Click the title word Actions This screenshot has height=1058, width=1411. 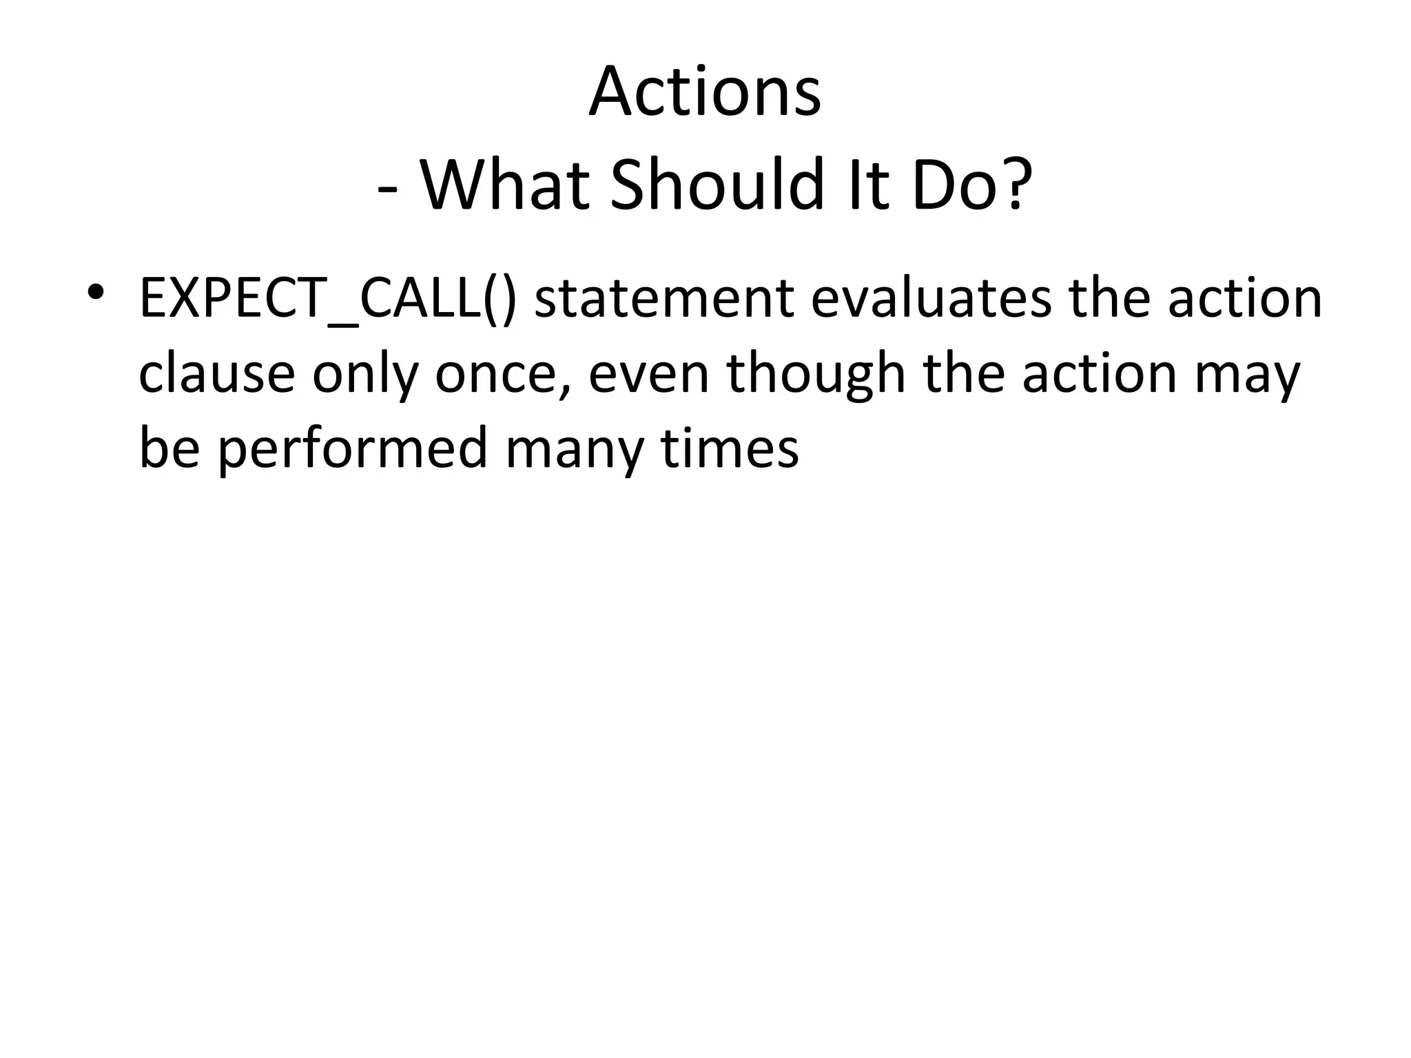705,92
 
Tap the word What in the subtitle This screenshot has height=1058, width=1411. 505,185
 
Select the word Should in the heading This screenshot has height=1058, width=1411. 717,185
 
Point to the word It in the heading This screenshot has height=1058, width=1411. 866,185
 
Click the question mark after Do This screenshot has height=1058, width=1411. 1016,185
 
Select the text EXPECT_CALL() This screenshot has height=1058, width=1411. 327,300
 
